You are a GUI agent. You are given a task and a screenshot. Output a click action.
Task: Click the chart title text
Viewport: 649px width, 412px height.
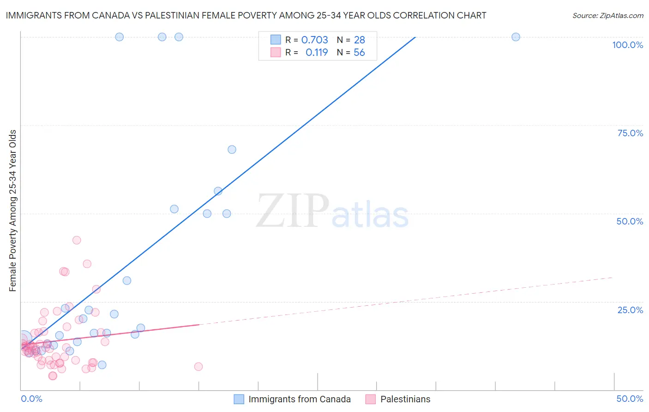(x=246, y=15)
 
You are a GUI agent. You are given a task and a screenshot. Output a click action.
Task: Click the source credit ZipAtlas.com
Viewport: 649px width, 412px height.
(x=607, y=15)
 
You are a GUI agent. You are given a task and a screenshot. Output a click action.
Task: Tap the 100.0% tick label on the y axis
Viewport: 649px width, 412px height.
(x=627, y=45)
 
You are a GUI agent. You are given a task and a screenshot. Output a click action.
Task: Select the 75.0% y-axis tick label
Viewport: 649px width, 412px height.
(x=630, y=133)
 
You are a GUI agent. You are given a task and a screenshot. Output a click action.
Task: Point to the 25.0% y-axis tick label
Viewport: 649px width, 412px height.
(x=630, y=310)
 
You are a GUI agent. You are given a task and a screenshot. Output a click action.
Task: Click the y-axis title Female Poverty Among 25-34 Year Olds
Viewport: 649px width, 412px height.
(x=13, y=211)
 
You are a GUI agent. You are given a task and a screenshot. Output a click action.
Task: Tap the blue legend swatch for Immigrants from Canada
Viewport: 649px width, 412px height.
(x=239, y=400)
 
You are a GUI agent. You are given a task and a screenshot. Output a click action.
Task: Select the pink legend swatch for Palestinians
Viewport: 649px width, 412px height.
(x=371, y=400)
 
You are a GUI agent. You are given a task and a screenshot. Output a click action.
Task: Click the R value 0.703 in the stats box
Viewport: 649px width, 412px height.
(x=315, y=40)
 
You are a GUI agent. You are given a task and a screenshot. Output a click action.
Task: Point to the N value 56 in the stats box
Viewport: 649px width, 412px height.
(x=359, y=53)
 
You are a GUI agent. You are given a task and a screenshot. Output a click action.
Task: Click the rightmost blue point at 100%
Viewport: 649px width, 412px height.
(x=516, y=37)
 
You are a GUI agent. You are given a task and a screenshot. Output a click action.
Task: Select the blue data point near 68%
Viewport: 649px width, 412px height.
(x=232, y=150)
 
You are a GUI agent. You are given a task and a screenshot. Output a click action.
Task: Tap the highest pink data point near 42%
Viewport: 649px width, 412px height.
(x=77, y=240)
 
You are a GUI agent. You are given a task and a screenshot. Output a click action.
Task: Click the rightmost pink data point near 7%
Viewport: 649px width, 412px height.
(x=198, y=367)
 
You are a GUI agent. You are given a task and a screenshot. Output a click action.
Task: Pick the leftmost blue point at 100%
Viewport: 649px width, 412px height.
(x=119, y=37)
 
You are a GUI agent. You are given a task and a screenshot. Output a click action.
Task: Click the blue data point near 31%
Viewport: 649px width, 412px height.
(x=126, y=281)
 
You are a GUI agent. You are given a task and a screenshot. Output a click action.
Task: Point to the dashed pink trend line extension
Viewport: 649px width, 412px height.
(x=406, y=300)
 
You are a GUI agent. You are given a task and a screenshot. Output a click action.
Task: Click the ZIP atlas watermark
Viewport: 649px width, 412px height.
(x=332, y=212)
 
